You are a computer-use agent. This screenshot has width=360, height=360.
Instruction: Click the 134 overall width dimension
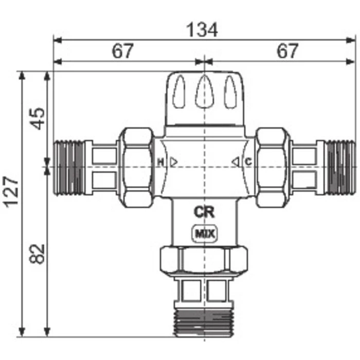click(202, 30)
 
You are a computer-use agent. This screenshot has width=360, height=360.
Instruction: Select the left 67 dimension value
click(122, 51)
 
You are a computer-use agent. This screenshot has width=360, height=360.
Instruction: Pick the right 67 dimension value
click(287, 51)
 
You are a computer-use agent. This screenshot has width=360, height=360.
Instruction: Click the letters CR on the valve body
click(204, 212)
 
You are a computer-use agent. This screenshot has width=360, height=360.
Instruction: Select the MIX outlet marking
click(204, 233)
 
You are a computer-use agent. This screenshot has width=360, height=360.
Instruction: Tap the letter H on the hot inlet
click(160, 163)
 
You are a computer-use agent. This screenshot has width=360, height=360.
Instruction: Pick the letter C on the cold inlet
click(248, 162)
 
